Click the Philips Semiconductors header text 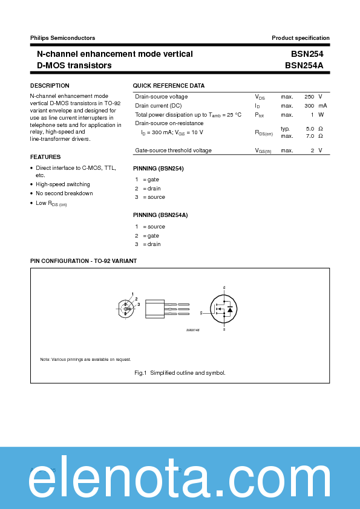coord(62,38)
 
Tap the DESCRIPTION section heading coord(50,86)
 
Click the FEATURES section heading coord(45,157)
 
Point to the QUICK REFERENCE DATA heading coord(169,86)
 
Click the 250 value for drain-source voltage coord(309,97)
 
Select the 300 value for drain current coord(309,106)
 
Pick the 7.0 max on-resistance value coord(310,136)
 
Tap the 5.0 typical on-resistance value coord(310,129)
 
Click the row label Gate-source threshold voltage coord(173,151)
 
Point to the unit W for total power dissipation coord(321,115)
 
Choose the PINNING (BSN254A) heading coord(160,215)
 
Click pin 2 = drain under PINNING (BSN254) coord(148,189)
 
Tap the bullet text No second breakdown coord(64,193)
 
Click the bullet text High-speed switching coord(63,184)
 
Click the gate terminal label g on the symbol coord(201,313)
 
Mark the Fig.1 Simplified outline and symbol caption coord(180,373)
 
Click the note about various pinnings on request coord(85,359)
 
